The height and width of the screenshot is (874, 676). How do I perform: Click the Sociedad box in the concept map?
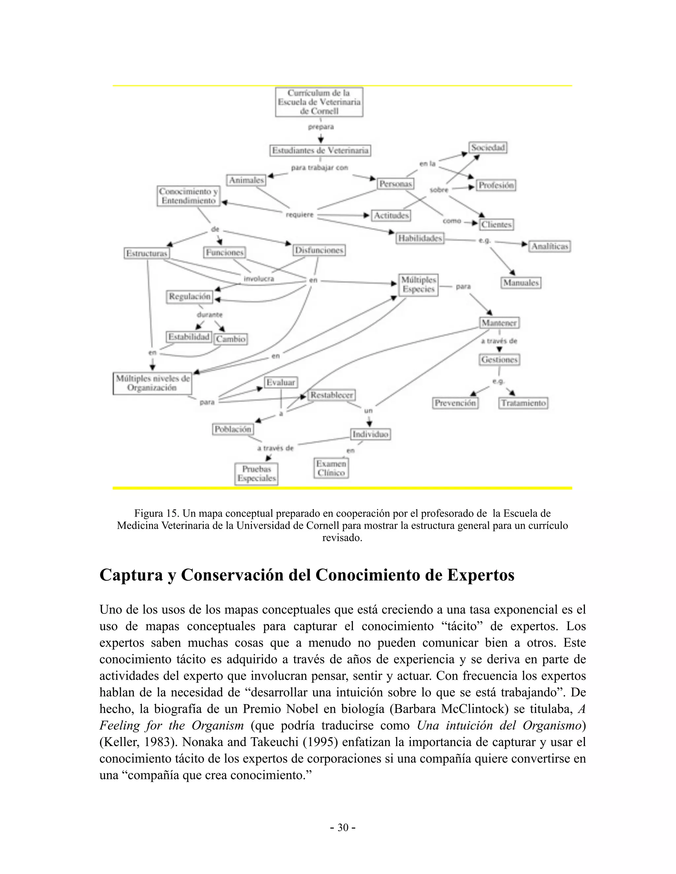pos(488,148)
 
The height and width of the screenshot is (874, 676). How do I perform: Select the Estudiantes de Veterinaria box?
pos(320,150)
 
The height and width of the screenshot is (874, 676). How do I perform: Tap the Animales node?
pos(246,180)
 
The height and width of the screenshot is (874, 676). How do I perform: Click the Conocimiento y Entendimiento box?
pos(188,196)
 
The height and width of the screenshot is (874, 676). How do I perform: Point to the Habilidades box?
pos(420,238)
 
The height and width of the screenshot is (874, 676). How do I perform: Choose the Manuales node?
pos(521,283)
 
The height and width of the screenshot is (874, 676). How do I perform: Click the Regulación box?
pos(189,297)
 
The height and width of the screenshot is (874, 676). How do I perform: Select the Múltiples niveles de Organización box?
pos(152,383)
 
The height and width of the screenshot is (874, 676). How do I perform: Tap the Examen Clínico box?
pos(331,468)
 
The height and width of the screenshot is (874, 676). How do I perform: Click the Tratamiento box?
pos(523,403)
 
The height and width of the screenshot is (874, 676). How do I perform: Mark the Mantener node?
pos(499,323)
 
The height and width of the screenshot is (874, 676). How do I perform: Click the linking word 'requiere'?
pos(299,215)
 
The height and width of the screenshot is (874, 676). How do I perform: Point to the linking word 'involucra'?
pos(259,279)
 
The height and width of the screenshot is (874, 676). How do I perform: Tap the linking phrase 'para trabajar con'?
pos(319,168)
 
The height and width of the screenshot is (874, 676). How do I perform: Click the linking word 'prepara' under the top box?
pos(321,127)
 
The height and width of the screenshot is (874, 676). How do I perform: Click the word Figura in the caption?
pos(148,514)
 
